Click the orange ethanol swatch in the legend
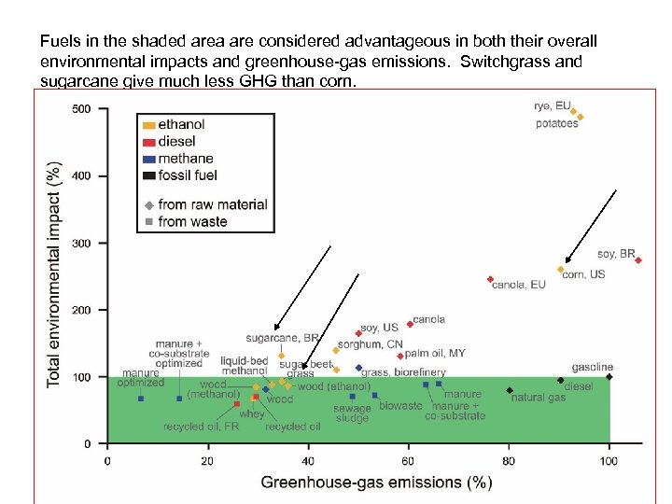(x=147, y=125)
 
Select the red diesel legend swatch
(x=147, y=142)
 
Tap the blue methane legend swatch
(x=147, y=159)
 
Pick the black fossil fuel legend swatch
(x=147, y=175)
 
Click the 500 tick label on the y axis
(x=82, y=109)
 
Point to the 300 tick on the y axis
(x=82, y=244)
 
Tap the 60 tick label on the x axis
(x=408, y=460)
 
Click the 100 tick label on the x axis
(x=609, y=460)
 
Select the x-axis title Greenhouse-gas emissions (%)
(x=376, y=482)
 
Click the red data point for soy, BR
(x=638, y=260)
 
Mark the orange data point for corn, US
(x=561, y=270)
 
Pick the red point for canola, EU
(x=490, y=279)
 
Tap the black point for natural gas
(x=510, y=390)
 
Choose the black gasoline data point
(x=609, y=377)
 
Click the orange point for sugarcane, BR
(x=281, y=356)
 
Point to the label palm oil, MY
(x=435, y=354)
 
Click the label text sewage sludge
(x=353, y=413)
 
